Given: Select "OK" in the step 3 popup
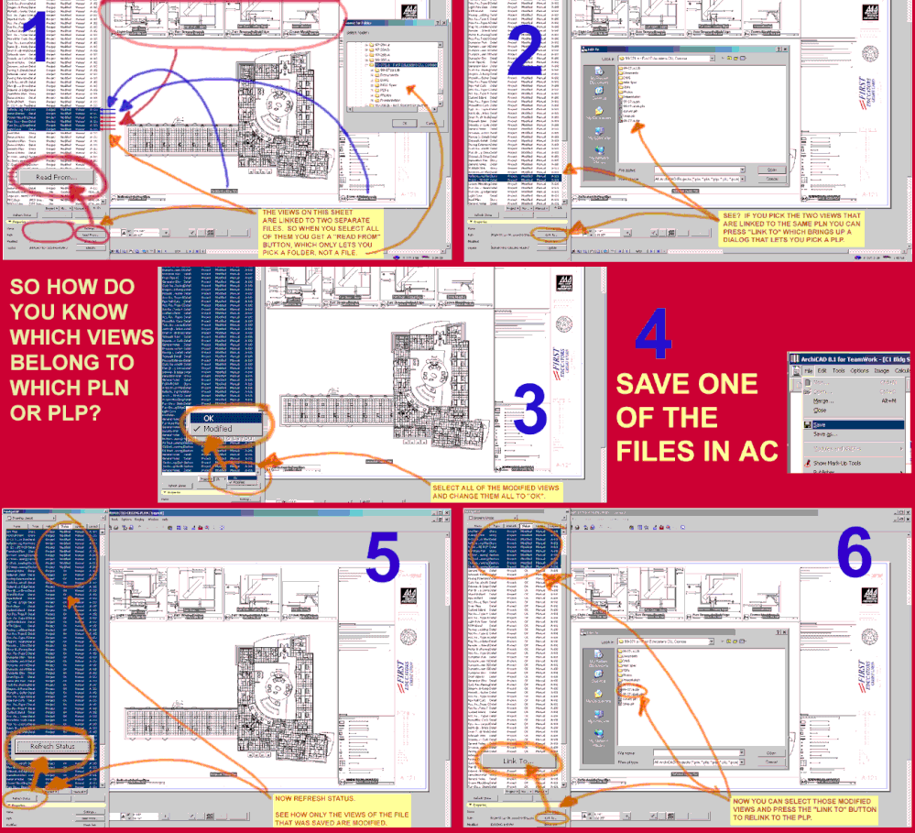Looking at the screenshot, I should point(208,418).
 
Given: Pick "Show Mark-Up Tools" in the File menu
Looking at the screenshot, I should point(836,463).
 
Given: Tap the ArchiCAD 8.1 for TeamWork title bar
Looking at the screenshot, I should point(851,358).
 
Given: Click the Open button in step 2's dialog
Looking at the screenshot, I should point(771,170).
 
